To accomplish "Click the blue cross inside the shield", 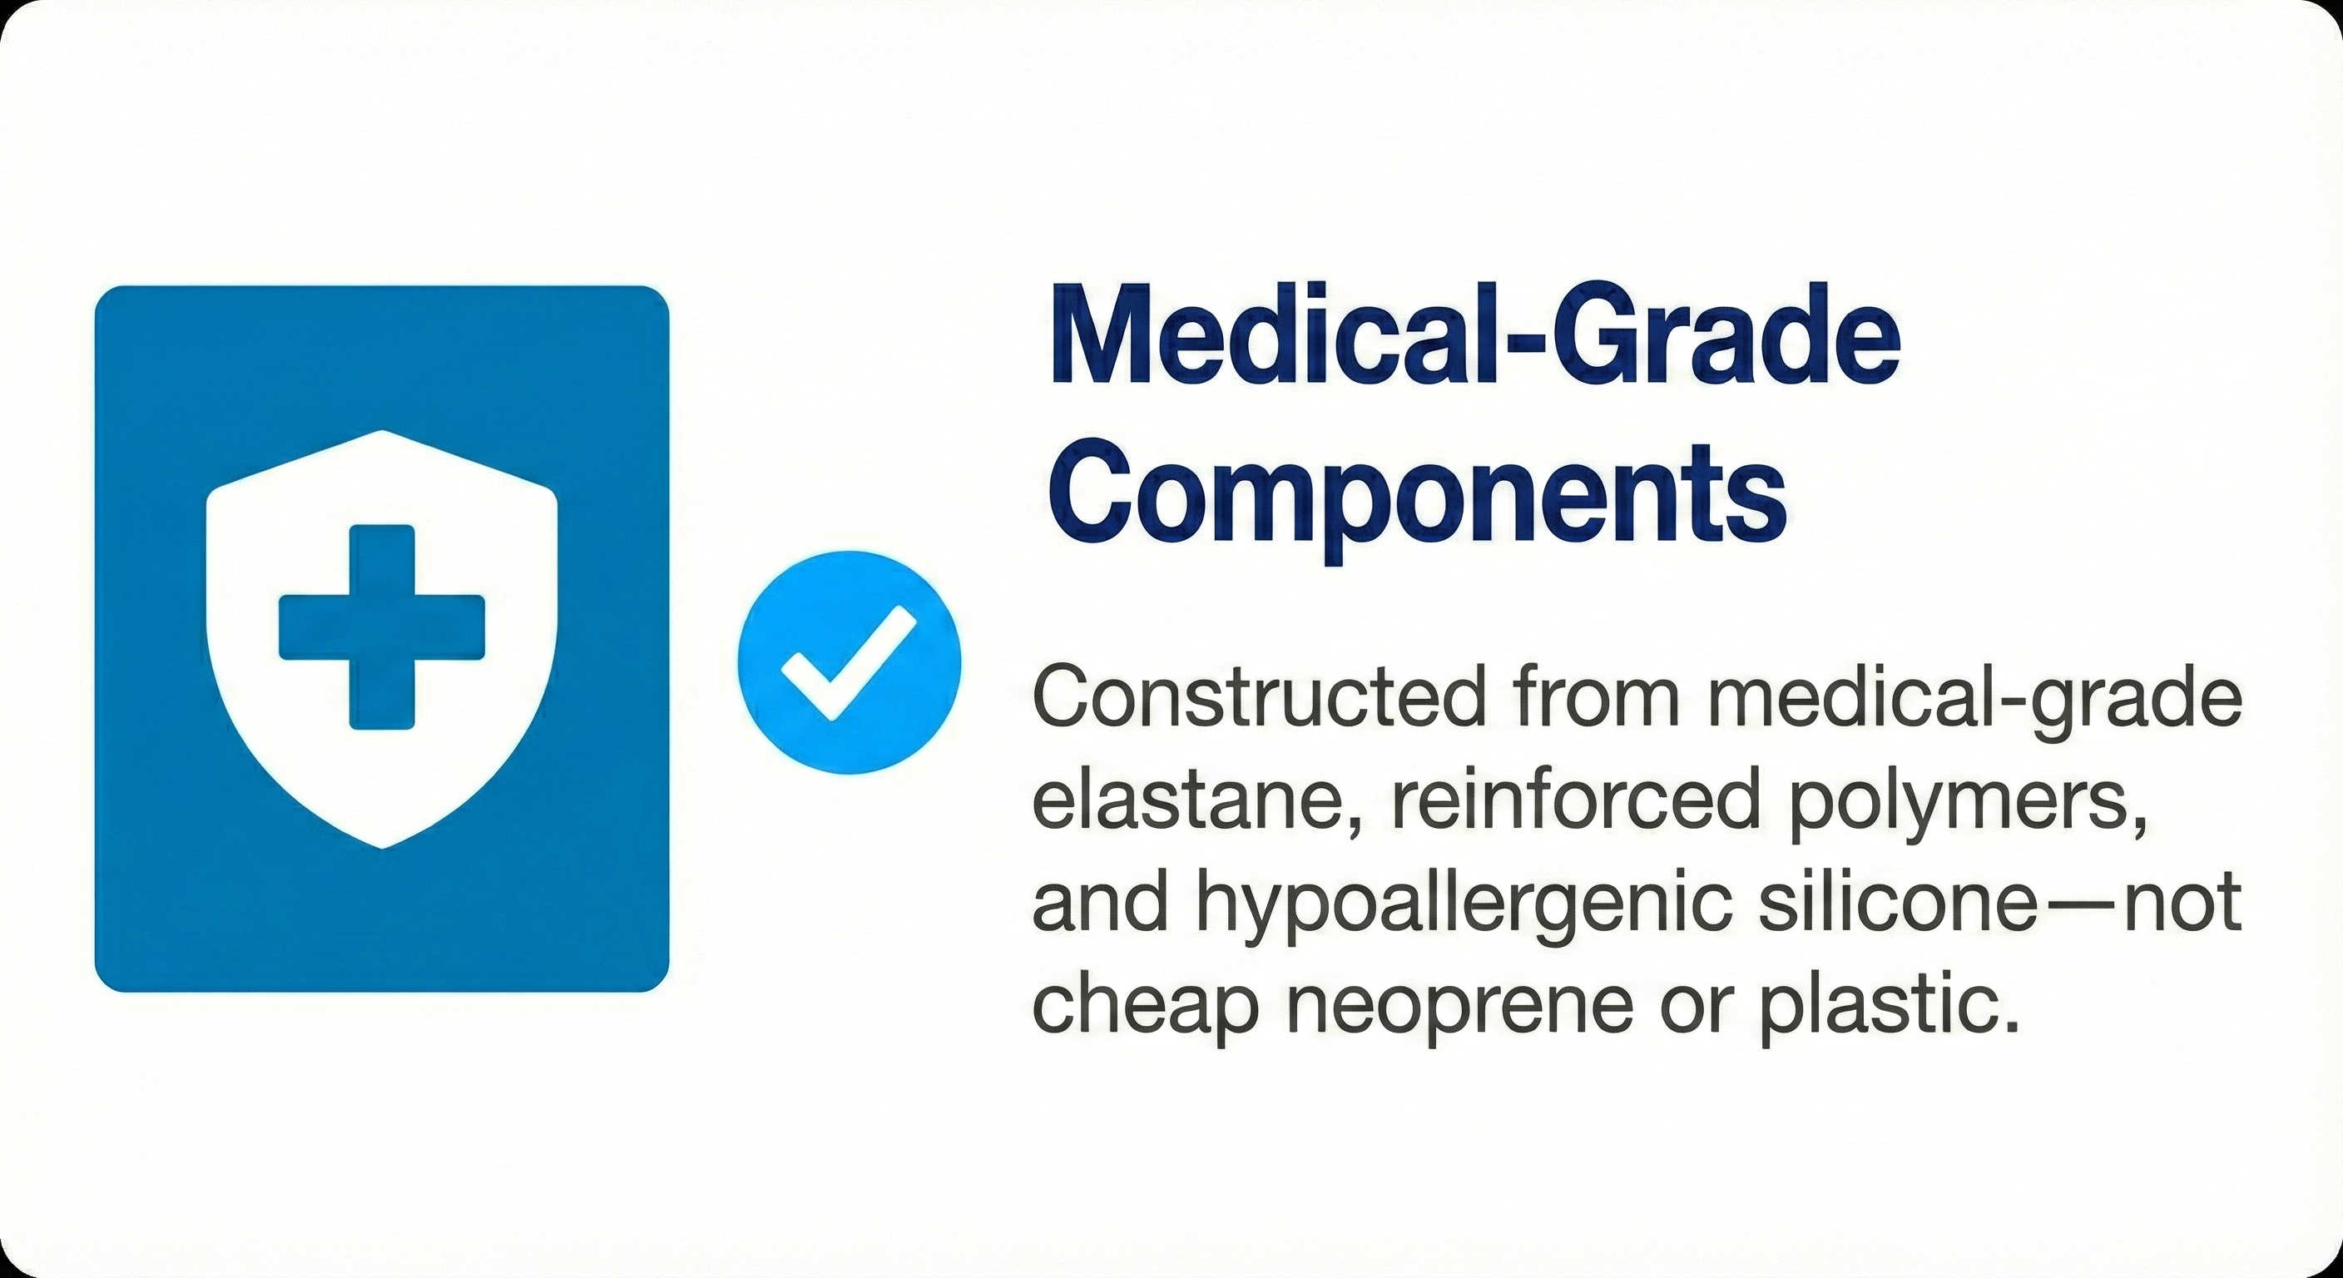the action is [x=381, y=627].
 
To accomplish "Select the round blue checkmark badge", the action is [x=849, y=661].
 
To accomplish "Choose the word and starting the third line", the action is [x=1100, y=905].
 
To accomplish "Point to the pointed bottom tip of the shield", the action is [x=382, y=848].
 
